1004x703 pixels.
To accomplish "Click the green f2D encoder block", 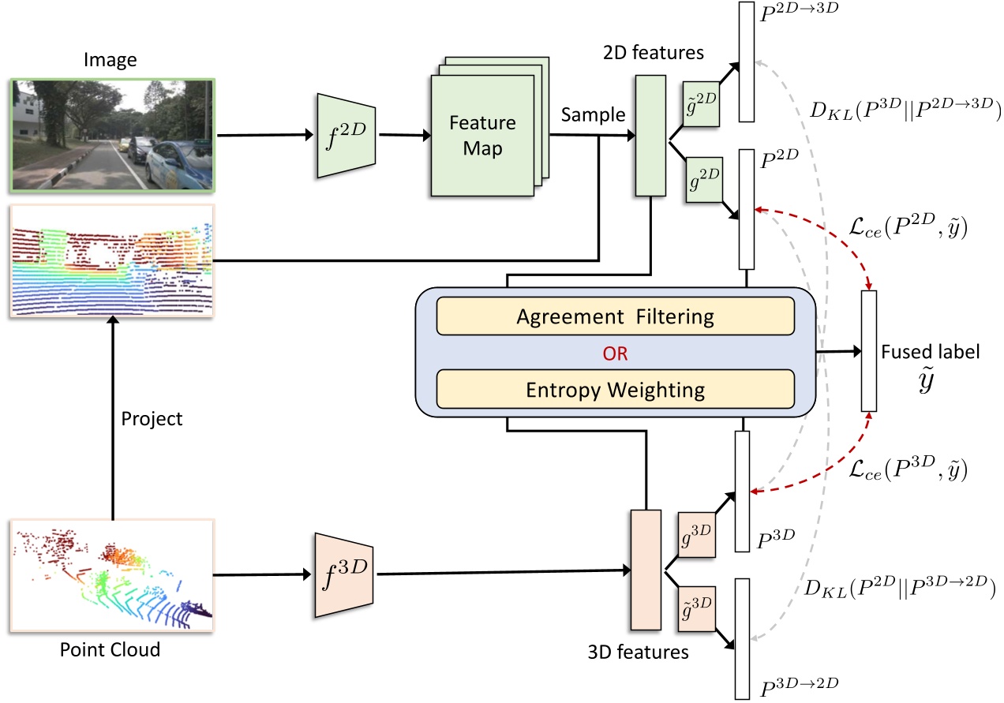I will point(347,135).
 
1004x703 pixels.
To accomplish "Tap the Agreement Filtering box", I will point(615,317).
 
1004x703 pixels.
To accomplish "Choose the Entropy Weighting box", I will point(615,390).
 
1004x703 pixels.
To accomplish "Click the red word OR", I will point(615,353).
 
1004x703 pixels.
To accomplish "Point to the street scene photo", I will point(112,134).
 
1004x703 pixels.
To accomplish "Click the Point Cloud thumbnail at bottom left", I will point(112,574).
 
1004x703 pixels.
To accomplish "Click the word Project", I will point(152,418).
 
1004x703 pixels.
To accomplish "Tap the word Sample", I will point(593,115).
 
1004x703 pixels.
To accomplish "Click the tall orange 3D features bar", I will point(645,570).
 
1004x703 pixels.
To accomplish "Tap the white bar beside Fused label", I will point(869,350).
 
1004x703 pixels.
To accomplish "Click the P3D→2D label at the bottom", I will point(800,682).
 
